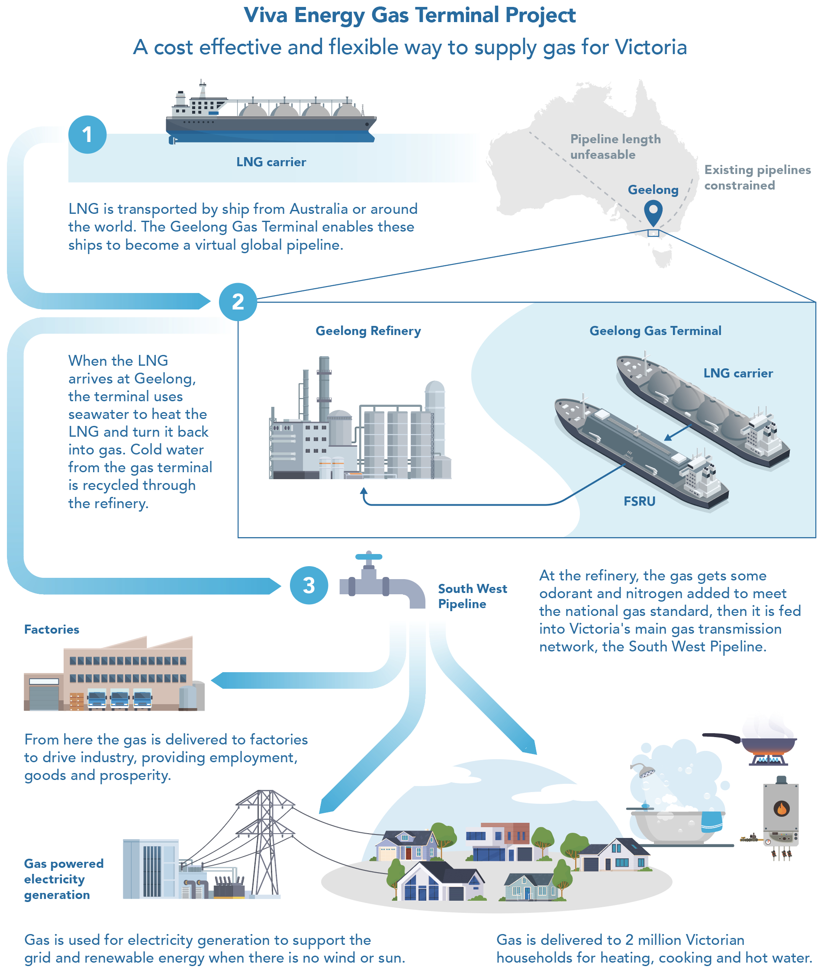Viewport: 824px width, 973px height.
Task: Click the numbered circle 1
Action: click(x=87, y=135)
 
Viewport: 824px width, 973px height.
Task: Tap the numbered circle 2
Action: click(x=238, y=302)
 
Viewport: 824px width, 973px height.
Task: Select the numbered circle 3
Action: click(x=309, y=585)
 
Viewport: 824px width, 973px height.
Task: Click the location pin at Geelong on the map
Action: click(x=653, y=212)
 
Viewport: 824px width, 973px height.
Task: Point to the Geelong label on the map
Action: click(x=653, y=190)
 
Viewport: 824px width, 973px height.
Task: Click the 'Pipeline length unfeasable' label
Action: click(x=615, y=147)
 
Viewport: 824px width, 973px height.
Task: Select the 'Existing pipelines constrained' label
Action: click(x=757, y=177)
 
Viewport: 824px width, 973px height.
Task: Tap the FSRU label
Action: click(x=639, y=501)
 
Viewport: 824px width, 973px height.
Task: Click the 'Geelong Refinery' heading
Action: click(x=368, y=331)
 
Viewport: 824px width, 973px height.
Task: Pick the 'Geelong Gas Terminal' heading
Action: click(x=655, y=331)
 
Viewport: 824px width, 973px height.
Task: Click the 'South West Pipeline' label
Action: click(x=472, y=596)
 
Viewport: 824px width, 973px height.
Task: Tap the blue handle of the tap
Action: click(x=369, y=556)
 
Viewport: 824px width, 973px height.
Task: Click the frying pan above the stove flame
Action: click(x=766, y=742)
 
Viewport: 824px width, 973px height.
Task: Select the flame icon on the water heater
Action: click(x=781, y=808)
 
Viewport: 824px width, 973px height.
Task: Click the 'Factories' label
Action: click(x=52, y=629)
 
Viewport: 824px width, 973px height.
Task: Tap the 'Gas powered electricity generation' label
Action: click(x=64, y=879)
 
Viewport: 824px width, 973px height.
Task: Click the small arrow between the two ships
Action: click(x=678, y=432)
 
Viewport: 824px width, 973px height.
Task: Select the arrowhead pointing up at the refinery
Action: click(x=364, y=491)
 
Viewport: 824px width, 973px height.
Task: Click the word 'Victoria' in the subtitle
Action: click(x=650, y=47)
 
